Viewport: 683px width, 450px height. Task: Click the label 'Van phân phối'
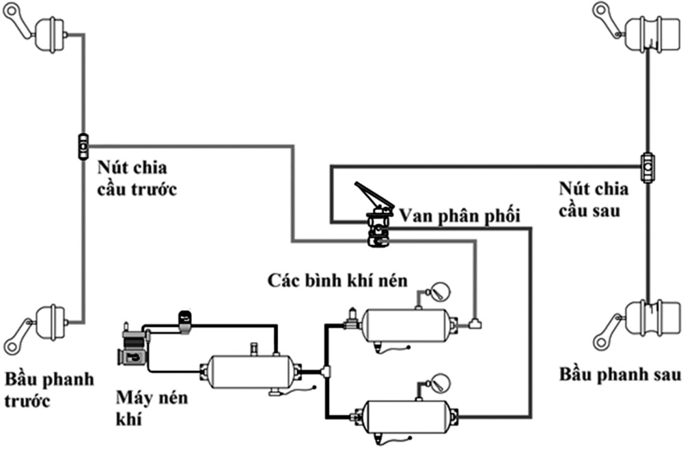(x=460, y=216)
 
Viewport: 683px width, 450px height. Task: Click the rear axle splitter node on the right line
(x=647, y=166)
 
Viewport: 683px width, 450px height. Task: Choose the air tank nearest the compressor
(x=253, y=372)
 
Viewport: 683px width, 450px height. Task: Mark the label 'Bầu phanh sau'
(x=619, y=374)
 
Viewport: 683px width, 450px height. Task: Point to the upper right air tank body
(x=406, y=324)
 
